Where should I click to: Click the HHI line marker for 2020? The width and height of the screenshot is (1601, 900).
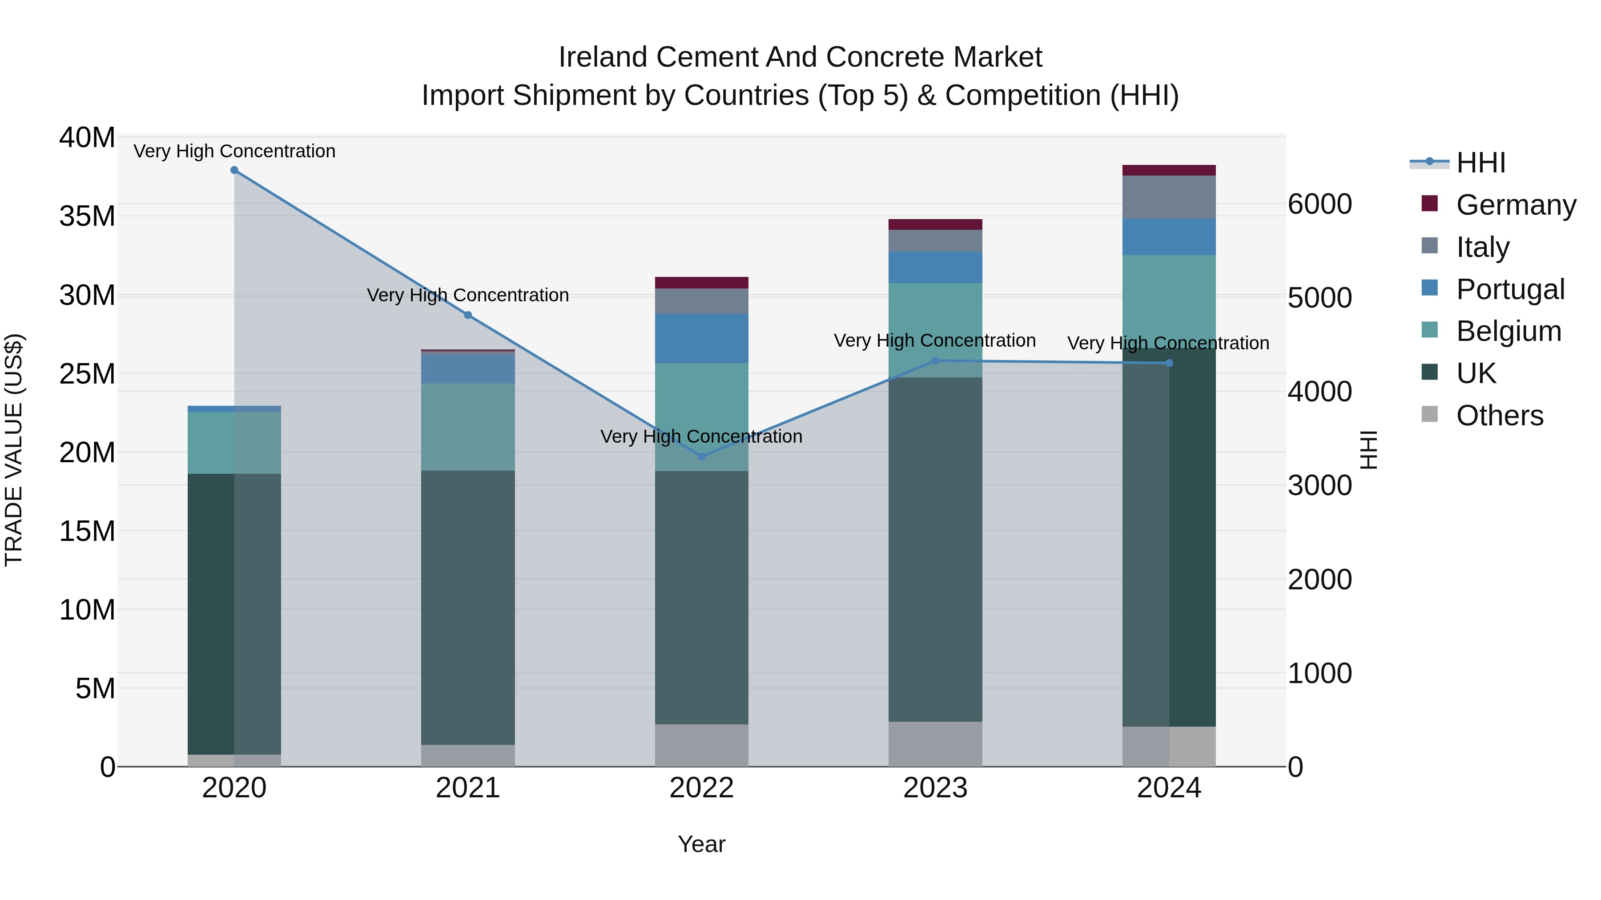234,170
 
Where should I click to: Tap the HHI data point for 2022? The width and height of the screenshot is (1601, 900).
702,456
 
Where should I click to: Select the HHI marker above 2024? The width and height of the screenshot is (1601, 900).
1169,364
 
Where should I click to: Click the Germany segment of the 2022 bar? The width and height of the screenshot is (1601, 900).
702,283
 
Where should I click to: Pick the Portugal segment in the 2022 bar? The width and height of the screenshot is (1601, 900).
702,339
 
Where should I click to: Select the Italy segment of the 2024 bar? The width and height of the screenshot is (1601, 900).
1169,197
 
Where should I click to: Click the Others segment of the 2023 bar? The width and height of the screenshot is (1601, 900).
935,744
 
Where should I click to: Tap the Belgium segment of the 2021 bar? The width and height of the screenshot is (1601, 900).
468,427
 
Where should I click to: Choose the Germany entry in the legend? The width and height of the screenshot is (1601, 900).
1515,205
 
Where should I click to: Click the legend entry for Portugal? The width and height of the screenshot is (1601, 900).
1510,289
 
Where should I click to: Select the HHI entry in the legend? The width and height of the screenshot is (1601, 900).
1480,163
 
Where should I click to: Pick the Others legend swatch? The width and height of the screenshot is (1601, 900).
1429,414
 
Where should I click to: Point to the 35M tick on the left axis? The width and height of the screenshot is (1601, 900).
87,216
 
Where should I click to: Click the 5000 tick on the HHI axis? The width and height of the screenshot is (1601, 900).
1319,298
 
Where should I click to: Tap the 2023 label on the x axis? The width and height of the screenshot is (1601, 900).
935,788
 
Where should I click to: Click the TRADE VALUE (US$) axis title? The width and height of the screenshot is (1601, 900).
14,450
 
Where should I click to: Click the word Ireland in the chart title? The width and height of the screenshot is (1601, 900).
603,57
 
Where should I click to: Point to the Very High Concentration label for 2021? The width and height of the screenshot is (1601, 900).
468,295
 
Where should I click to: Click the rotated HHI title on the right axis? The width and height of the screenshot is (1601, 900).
1368,450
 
